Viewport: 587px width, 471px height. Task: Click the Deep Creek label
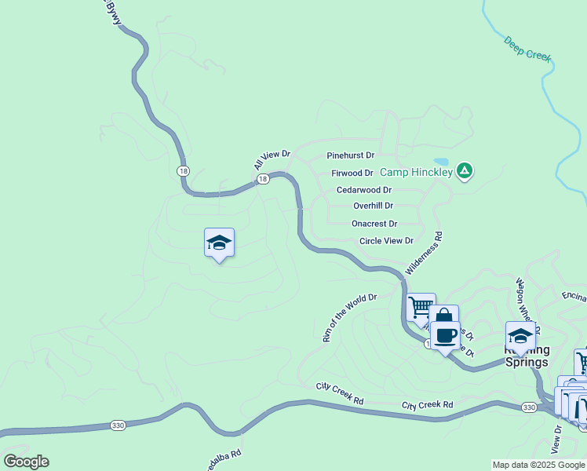click(528, 49)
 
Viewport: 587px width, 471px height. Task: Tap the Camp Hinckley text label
click(416, 172)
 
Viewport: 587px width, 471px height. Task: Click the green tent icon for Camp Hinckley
click(465, 170)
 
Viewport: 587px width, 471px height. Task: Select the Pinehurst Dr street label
click(350, 155)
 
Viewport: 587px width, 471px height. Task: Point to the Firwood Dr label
click(352, 173)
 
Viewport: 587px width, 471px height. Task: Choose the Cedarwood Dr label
click(363, 190)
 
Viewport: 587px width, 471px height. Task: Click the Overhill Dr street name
click(373, 206)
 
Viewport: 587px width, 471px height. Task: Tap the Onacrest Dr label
click(374, 224)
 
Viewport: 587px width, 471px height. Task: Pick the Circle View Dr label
click(385, 241)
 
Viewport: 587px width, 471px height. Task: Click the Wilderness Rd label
click(424, 253)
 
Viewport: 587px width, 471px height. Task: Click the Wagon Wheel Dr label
click(525, 299)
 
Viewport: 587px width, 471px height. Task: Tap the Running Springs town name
click(528, 356)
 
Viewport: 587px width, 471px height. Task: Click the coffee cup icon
click(445, 335)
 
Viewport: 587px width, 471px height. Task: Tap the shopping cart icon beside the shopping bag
click(421, 306)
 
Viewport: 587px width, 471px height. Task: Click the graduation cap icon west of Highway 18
click(219, 243)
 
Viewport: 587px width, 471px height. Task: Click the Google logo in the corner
click(26, 462)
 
